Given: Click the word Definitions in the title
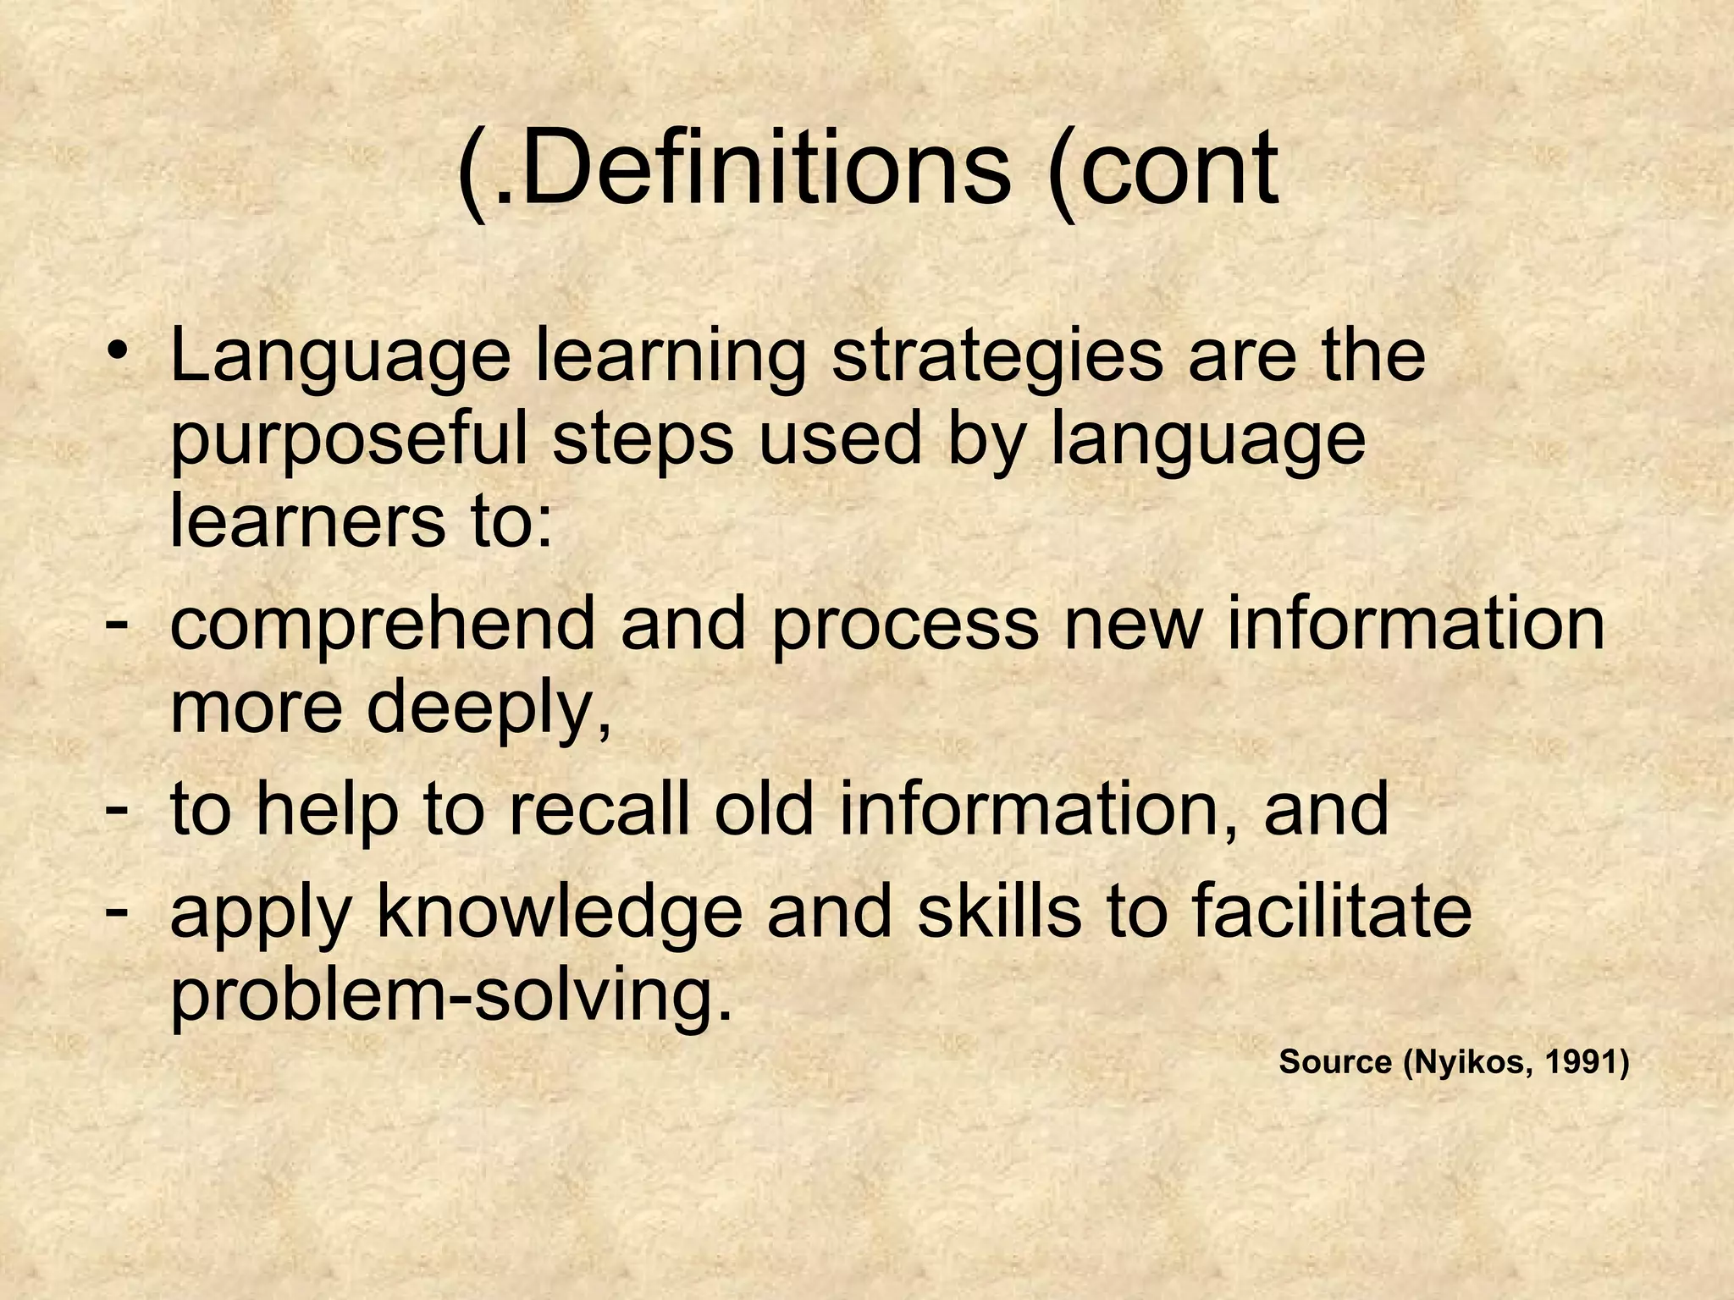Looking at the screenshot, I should click(x=762, y=169).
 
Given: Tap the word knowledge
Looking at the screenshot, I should click(x=559, y=914).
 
